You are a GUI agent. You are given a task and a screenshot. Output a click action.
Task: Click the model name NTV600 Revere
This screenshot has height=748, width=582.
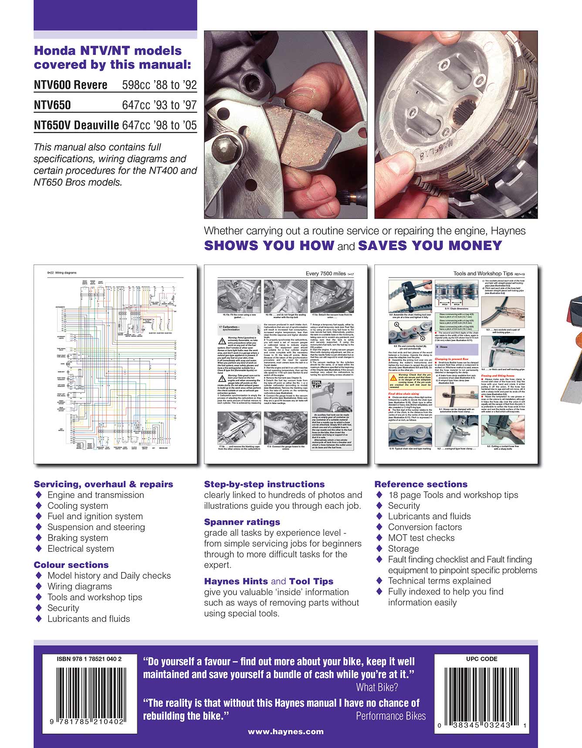coord(71,85)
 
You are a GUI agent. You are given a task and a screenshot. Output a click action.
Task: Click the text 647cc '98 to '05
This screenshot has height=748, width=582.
coord(159,125)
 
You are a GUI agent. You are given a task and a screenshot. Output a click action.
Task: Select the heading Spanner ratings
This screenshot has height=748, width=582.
coord(242,522)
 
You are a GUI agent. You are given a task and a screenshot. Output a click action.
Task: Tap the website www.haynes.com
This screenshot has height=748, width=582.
coord(285,731)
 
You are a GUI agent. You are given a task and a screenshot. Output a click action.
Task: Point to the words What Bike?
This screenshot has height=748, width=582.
coord(377,687)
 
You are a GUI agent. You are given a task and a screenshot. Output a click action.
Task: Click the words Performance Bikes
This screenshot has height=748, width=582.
coord(391,716)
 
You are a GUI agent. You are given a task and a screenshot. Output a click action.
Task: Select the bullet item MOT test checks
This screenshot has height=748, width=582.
coord(421,538)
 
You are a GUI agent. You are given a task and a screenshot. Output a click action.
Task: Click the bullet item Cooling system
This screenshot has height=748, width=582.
coord(78,506)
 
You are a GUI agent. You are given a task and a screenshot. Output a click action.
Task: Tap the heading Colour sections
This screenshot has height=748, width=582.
coord(71,565)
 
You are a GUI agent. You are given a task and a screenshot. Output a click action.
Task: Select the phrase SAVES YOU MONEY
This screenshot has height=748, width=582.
coord(430,246)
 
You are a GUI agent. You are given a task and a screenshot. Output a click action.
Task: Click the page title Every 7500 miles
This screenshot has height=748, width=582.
coord(326,274)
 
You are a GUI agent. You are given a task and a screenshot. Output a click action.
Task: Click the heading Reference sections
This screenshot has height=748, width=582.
coord(421,484)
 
